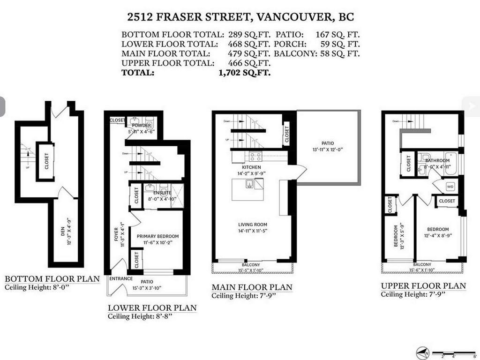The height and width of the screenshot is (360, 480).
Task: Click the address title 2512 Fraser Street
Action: click(x=240, y=17)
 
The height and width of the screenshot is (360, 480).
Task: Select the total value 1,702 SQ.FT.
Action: click(x=244, y=73)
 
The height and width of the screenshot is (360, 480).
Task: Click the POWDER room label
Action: click(x=141, y=126)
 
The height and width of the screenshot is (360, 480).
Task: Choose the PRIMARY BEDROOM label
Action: click(x=157, y=236)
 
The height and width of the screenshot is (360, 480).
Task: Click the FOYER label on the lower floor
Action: click(x=117, y=230)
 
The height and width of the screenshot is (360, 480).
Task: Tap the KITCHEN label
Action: click(x=251, y=167)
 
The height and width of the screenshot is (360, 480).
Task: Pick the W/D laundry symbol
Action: click(x=450, y=186)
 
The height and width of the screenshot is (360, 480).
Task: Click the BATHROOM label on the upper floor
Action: click(x=437, y=161)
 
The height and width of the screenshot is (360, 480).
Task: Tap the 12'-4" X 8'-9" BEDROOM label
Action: click(x=437, y=229)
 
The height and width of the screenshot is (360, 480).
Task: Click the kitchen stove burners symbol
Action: click(x=255, y=157)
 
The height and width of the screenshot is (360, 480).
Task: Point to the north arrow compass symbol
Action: click(x=422, y=352)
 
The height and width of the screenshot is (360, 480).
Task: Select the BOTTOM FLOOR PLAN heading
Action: click(x=52, y=279)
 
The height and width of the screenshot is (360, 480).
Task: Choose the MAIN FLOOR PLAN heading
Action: click(x=252, y=287)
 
